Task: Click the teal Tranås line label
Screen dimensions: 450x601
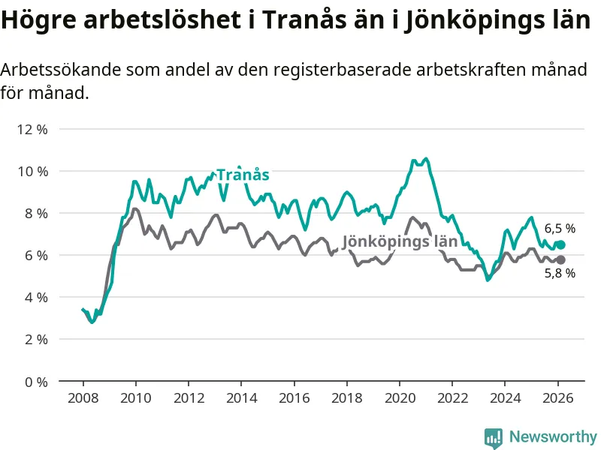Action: [243, 175]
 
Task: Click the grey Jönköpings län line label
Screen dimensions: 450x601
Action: [400, 241]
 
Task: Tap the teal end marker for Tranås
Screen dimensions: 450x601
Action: [560, 244]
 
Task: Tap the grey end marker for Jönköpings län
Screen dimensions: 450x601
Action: [560, 259]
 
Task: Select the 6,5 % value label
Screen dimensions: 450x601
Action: [560, 228]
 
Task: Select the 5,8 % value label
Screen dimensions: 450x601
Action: [560, 274]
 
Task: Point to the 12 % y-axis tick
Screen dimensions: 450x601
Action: [32, 129]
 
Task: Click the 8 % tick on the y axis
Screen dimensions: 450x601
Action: [35, 213]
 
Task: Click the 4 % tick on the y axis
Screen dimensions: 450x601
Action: [35, 297]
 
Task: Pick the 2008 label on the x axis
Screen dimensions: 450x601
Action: [82, 397]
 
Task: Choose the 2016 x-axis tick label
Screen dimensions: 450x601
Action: [294, 397]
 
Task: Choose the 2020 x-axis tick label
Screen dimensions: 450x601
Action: [400, 397]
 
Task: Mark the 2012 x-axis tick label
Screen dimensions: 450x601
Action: [188, 397]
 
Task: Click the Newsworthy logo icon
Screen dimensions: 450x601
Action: [494, 437]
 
